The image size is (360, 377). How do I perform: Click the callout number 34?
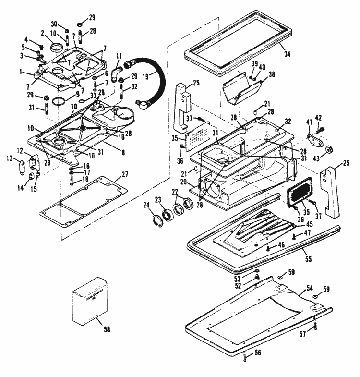click(287, 54)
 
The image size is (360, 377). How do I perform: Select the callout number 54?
click(309, 288)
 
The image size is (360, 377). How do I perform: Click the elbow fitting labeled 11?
click(116, 74)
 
